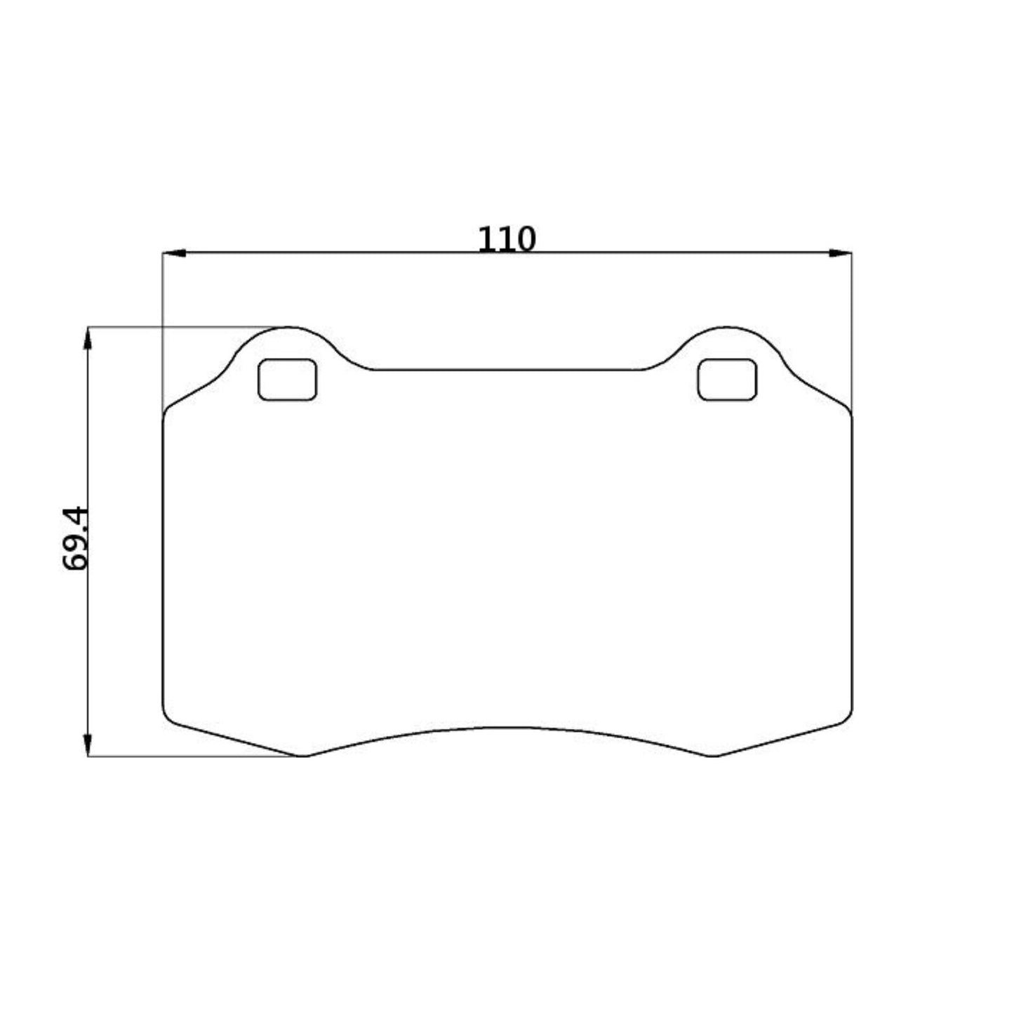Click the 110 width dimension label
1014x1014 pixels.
[x=506, y=239]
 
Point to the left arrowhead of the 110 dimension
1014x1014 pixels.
[x=173, y=253]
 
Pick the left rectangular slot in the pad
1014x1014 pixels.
[x=288, y=380]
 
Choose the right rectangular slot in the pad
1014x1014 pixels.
[x=727, y=380]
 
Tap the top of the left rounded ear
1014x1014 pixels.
[x=289, y=327]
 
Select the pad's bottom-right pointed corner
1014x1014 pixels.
[x=712, y=756]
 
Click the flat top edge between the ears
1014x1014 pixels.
[x=507, y=370]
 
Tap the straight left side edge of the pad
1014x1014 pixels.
[x=163, y=561]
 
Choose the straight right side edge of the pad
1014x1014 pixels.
[x=852, y=561]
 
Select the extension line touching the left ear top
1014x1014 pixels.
[x=182, y=327]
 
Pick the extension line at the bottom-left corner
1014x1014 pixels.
[x=196, y=756]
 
